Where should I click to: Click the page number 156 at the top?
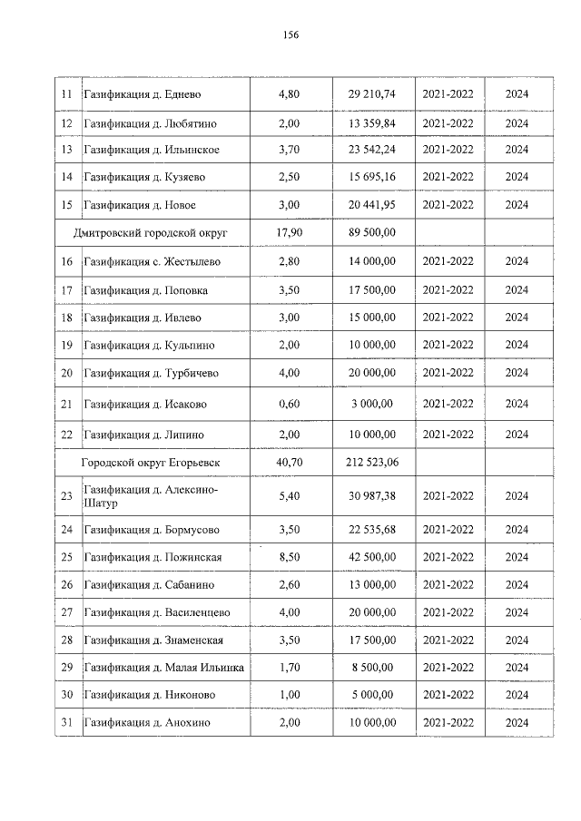[290, 35]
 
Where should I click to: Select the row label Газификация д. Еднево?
[143, 94]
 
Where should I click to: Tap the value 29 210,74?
[371, 94]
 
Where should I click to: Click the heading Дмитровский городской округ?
[150, 233]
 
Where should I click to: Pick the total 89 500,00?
[371, 233]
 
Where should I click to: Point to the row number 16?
[66, 262]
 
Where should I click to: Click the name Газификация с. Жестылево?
[152, 262]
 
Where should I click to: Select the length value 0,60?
[288, 404]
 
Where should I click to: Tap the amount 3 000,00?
[371, 404]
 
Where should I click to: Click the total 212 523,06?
[371, 463]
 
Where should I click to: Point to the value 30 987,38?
[371, 496]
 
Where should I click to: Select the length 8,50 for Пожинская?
[288, 557]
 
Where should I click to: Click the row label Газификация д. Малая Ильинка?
[163, 668]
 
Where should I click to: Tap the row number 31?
[66, 723]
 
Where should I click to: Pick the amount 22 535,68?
[371, 530]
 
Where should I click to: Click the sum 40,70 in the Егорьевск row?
[288, 463]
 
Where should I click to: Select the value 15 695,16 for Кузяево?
[371, 177]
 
